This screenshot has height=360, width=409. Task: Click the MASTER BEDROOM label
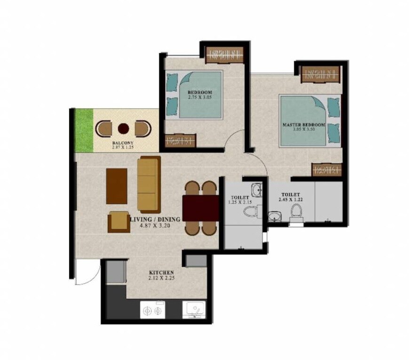point(304,125)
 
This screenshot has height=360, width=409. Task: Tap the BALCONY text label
point(122,143)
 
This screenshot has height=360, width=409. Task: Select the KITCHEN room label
point(161,272)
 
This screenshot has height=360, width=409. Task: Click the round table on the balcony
point(123,128)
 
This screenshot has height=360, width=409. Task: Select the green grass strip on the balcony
point(84,130)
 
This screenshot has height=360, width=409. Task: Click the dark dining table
point(200,208)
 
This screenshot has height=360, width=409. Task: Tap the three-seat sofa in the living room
point(149,184)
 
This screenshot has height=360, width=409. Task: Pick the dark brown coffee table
point(116,186)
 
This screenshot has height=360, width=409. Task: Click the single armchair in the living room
point(119,222)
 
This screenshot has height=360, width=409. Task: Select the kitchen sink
point(193,310)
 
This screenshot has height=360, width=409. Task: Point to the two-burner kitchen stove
point(152,311)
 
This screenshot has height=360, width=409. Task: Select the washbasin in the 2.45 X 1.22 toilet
point(274,216)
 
